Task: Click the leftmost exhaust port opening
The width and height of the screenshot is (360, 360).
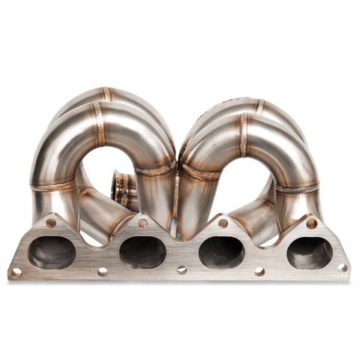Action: click(x=51, y=253)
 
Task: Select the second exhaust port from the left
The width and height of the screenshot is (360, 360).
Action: click(x=142, y=252)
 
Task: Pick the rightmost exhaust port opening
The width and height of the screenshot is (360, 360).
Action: click(x=309, y=252)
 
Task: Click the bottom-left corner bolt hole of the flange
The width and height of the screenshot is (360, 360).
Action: click(x=16, y=272)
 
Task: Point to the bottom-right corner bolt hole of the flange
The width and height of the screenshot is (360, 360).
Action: click(x=343, y=268)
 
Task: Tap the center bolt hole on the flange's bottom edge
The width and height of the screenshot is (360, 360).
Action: click(x=181, y=270)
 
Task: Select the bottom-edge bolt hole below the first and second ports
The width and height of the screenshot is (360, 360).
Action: click(x=102, y=271)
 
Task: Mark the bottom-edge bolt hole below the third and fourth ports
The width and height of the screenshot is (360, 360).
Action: click(x=259, y=271)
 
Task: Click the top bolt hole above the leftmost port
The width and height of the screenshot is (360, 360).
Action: click(x=51, y=223)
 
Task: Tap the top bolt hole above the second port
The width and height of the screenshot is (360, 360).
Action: click(x=142, y=223)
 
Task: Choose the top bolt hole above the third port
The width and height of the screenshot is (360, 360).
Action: click(x=223, y=223)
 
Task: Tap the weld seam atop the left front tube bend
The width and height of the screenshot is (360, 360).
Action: click(x=100, y=124)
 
